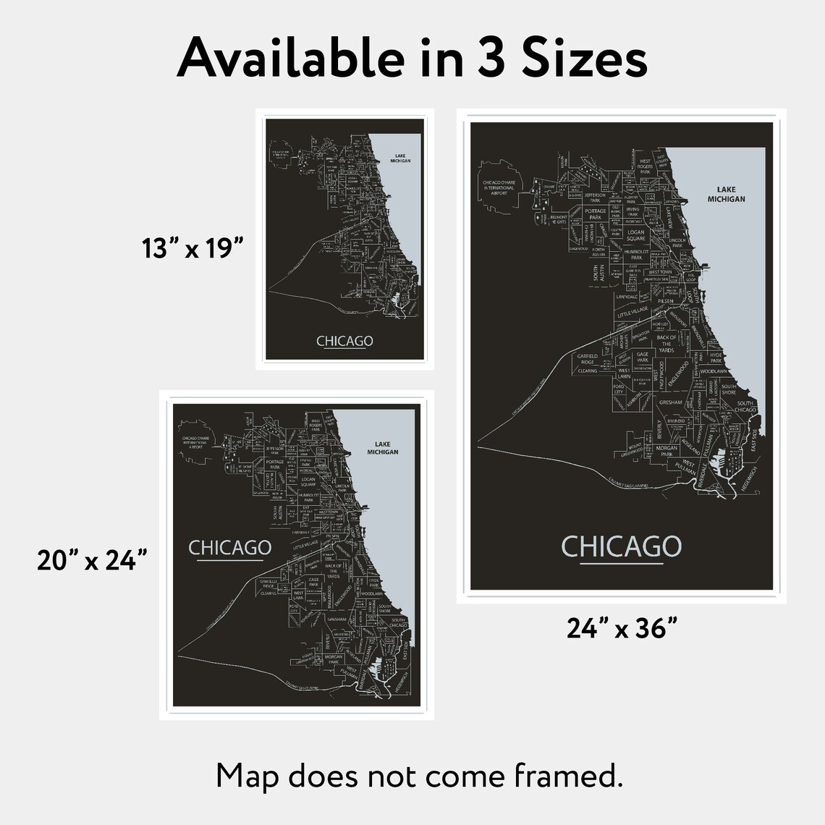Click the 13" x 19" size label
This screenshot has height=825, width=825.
191,248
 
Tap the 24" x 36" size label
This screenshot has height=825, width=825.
621,628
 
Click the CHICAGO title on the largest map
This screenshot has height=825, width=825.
622,546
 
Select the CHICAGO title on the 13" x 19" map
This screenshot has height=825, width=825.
344,341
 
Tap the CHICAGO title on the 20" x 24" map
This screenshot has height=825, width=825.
229,548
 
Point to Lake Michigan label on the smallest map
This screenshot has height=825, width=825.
399,158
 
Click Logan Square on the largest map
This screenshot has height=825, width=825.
635,235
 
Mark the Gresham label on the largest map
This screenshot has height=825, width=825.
670,402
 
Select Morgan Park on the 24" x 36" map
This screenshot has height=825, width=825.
667,451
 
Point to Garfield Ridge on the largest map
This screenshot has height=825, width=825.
587,359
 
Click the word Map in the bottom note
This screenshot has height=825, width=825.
247,777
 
